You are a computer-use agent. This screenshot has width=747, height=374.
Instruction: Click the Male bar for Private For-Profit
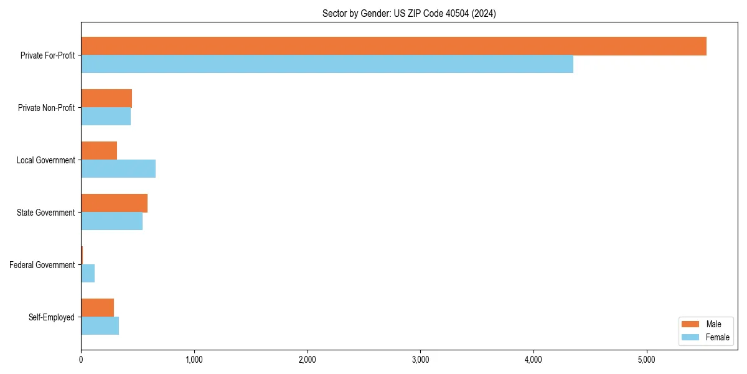pos(393,46)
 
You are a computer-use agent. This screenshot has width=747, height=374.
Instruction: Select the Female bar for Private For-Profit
pos(327,64)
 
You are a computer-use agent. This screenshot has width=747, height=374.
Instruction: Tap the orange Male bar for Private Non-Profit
pos(106,98)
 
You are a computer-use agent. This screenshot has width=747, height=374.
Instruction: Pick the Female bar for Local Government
pos(118,169)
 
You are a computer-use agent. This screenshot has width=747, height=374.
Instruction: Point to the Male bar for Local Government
pos(99,151)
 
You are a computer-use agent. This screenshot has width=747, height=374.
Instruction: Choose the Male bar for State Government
pos(114,203)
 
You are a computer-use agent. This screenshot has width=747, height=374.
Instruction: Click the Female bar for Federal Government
pos(88,274)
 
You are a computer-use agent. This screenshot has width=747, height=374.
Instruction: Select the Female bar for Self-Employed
pos(100,326)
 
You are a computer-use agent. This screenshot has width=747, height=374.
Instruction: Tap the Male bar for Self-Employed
pos(97,308)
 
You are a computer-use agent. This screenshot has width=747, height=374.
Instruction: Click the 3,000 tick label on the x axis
pos(420,360)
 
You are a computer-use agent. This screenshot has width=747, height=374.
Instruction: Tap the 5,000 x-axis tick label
pos(647,360)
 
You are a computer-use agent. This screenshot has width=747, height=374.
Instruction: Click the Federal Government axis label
pos(42,265)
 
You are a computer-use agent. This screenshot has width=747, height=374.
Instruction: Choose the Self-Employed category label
pos(52,317)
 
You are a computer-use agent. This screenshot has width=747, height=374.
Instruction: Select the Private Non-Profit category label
pos(46,108)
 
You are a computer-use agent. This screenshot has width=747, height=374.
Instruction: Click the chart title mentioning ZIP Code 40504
pos(409,13)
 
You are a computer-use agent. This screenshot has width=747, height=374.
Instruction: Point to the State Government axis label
pos(46,213)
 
